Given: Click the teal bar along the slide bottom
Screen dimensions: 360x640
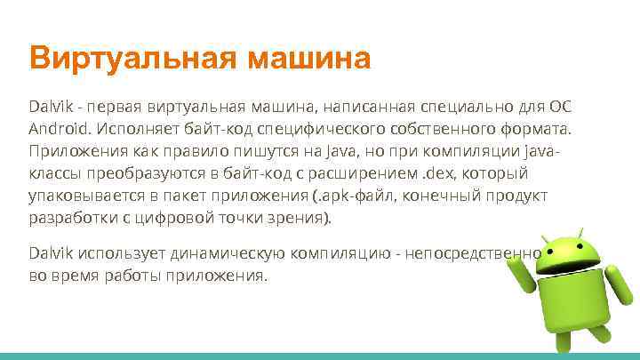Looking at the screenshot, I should pyautogui.click(x=320, y=356).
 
